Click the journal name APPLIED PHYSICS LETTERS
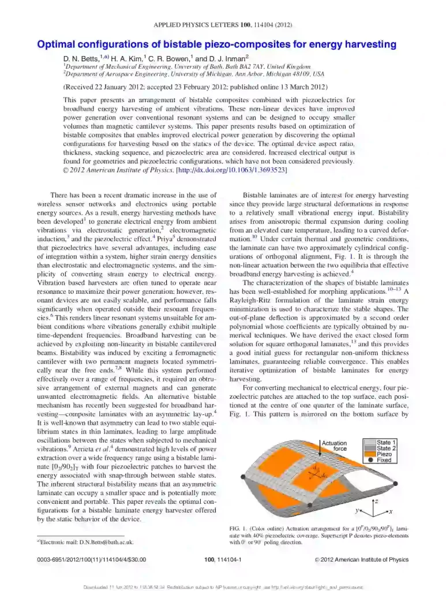pos(197,25)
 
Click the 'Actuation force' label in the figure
pos(334,446)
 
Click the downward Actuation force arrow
pos(318,456)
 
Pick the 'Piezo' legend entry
pos(384,454)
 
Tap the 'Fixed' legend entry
pos(384,461)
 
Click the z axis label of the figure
pos(376,502)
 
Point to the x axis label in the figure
pos(391,512)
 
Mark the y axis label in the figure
pos(357,511)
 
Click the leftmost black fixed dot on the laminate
pos(242,478)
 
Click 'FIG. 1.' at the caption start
pos(239,529)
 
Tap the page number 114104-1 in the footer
pos(223,559)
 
